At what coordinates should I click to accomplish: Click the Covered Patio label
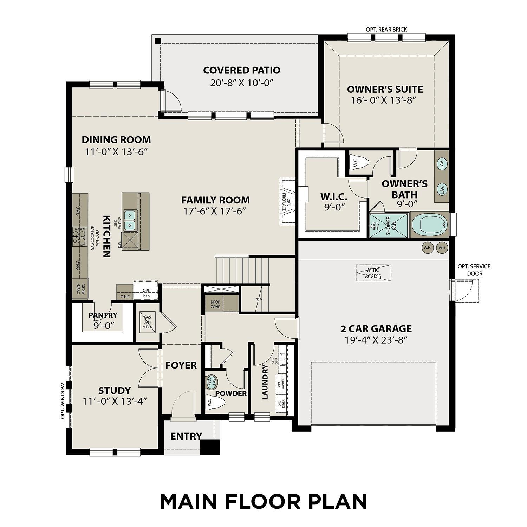(242, 70)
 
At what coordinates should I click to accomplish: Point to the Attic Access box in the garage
(373, 273)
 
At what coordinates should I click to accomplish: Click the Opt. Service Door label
(474, 270)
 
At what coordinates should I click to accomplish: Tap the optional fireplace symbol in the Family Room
(288, 201)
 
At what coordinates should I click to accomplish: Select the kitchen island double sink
(130, 220)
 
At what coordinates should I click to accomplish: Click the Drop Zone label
(215, 304)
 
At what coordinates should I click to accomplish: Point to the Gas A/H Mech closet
(147, 322)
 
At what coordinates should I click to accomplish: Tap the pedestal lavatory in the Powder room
(211, 382)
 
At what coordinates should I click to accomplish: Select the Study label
(115, 390)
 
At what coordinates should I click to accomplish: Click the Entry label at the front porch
(186, 436)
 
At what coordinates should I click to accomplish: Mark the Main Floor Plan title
(263, 501)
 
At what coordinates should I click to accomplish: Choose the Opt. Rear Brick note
(386, 30)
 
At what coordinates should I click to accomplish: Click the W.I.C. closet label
(333, 196)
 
